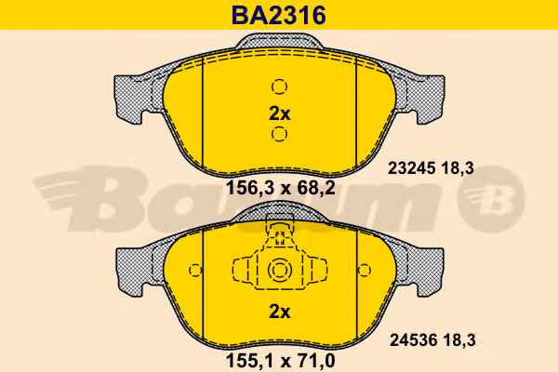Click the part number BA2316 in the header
pyautogui.click(x=279, y=15)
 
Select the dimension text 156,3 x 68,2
pyautogui.click(x=281, y=188)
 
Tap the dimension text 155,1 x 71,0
pyautogui.click(x=281, y=361)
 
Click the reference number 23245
pyautogui.click(x=412, y=168)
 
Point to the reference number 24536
pyautogui.click(x=413, y=340)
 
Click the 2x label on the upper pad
pyautogui.click(x=279, y=113)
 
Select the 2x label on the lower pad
pyautogui.click(x=279, y=312)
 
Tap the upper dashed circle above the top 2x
pyautogui.click(x=279, y=86)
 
